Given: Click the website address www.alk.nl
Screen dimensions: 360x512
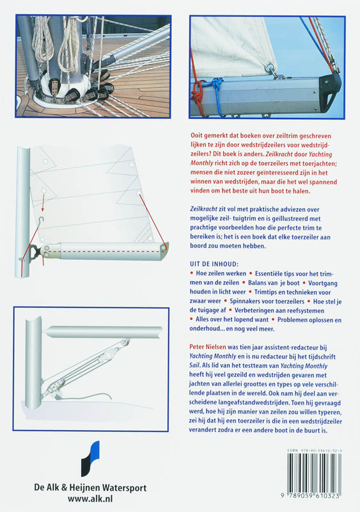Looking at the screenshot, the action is pyautogui.click(x=90, y=499).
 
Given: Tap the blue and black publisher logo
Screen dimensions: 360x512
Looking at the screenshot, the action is pyautogui.click(x=90, y=459).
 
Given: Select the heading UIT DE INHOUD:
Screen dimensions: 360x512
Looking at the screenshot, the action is pyautogui.click(x=214, y=264).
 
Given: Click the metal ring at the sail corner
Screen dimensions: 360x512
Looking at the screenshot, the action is pyautogui.click(x=271, y=70).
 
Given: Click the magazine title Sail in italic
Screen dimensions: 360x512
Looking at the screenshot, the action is pyautogui.click(x=194, y=365).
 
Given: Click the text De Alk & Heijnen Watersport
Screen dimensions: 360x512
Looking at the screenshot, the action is pyautogui.click(x=90, y=488).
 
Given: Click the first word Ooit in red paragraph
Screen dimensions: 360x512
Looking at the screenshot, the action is pyautogui.click(x=197, y=136).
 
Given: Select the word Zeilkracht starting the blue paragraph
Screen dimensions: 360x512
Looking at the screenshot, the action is pyautogui.click(x=204, y=209).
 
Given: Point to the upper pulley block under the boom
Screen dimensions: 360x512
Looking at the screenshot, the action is pyautogui.click(x=124, y=343).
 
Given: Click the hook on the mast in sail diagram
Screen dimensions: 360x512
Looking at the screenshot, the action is pyautogui.click(x=41, y=220).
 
